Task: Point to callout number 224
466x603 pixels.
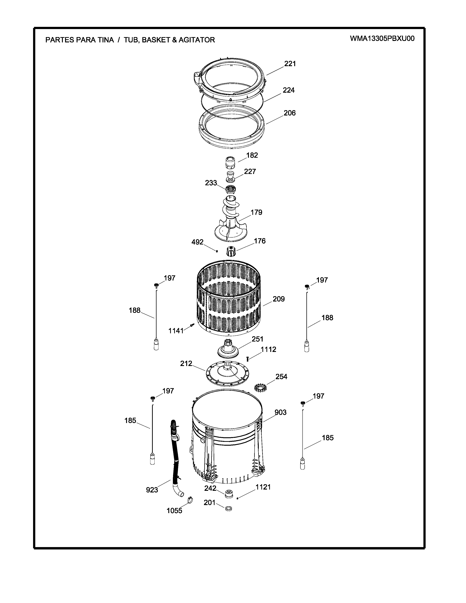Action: [289, 90]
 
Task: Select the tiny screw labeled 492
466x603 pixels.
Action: [217, 251]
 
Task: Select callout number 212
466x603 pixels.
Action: [186, 364]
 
